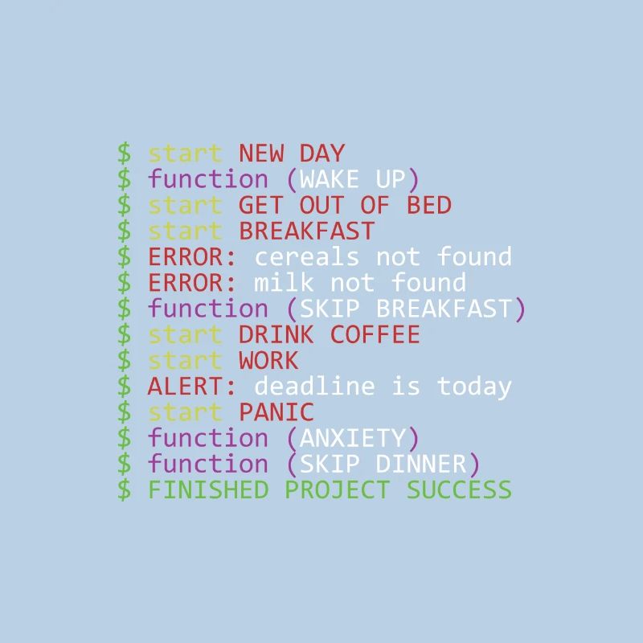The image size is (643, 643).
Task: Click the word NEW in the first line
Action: (x=261, y=154)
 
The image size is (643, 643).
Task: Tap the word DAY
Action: (x=322, y=154)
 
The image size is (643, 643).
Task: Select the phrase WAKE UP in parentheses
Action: (x=353, y=179)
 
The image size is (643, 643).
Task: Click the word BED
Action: (x=428, y=205)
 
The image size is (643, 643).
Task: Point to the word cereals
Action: (x=307, y=257)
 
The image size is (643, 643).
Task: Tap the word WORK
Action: (x=268, y=360)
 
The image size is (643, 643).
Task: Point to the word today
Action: (x=474, y=387)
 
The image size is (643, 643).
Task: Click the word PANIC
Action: (x=276, y=412)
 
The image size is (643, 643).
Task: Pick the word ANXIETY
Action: (x=353, y=438)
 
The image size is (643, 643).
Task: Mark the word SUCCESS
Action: (x=459, y=489)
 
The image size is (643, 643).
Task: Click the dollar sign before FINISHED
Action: (x=124, y=489)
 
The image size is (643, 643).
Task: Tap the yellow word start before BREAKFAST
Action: (x=185, y=231)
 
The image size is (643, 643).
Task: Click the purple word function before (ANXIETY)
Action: (x=207, y=438)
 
